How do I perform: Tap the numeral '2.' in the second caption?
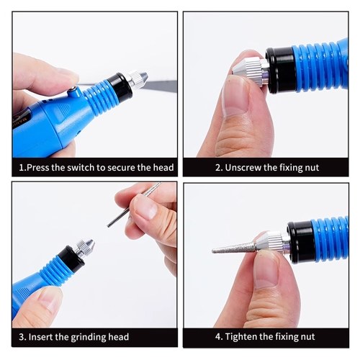pyautogui.click(x=219, y=168)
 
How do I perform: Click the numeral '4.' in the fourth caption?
pyautogui.click(x=219, y=337)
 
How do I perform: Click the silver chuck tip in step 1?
pyautogui.click(x=138, y=78)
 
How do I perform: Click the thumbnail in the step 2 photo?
pyautogui.click(x=235, y=96)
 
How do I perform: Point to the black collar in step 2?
pyautogui.click(x=281, y=70)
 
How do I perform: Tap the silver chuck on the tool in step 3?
pyautogui.click(x=84, y=246)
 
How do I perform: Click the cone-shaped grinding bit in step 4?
pyautogui.click(x=235, y=248)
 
